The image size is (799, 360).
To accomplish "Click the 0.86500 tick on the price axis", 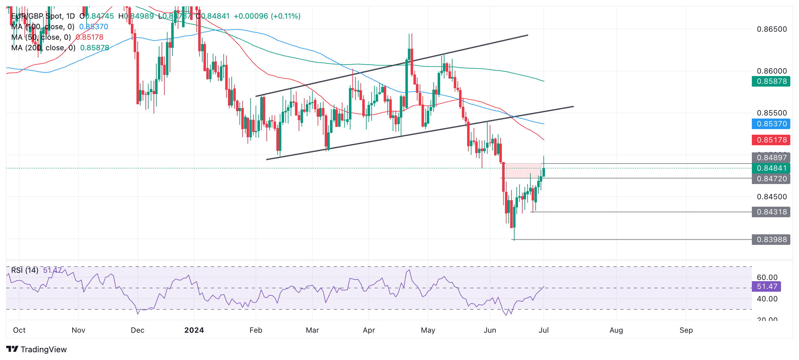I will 772,29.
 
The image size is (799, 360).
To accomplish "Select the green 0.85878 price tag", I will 771,81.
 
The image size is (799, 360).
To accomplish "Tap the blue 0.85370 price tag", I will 771,124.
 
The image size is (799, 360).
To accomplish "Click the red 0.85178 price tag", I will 771,140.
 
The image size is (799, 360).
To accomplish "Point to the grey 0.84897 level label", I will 771,158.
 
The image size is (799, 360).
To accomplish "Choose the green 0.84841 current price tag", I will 771,168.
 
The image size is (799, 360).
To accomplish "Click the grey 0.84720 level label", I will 771,179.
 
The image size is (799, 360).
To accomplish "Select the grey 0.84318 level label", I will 771,212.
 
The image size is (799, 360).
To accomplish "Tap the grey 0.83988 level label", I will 771,240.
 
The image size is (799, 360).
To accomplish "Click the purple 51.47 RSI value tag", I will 766,286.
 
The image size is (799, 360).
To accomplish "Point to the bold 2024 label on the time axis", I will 194,330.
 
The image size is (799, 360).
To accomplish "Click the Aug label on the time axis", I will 616,330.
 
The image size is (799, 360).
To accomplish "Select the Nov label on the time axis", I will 78,330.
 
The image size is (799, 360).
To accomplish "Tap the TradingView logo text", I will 43,349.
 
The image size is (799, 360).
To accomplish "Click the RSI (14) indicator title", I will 25,270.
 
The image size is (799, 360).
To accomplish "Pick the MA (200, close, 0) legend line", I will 43,48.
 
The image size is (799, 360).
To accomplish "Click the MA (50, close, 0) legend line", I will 41,37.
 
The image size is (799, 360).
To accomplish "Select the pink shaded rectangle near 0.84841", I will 523,171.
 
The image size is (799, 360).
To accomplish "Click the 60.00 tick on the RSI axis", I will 767,277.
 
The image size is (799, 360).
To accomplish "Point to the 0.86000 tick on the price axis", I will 772,71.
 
